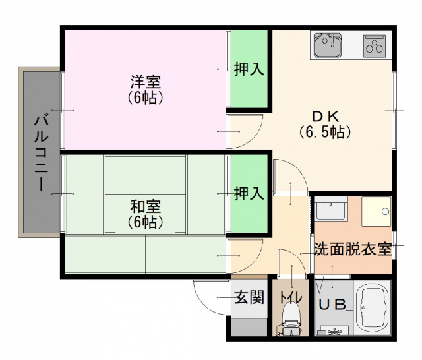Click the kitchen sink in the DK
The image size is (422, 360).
point(328,45)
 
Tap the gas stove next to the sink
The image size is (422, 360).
point(374,46)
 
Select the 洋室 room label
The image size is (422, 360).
point(146,82)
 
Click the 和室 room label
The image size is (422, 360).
point(146,206)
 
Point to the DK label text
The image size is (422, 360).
point(325,117)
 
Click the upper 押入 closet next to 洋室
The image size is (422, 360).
point(249,69)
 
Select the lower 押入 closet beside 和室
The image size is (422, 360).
point(249,194)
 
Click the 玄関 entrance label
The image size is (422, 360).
point(249,297)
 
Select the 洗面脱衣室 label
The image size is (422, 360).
point(353,249)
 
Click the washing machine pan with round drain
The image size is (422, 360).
point(377,212)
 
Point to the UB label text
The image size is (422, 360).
point(332,305)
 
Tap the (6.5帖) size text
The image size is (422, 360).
point(325,132)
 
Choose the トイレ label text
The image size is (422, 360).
point(291,297)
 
